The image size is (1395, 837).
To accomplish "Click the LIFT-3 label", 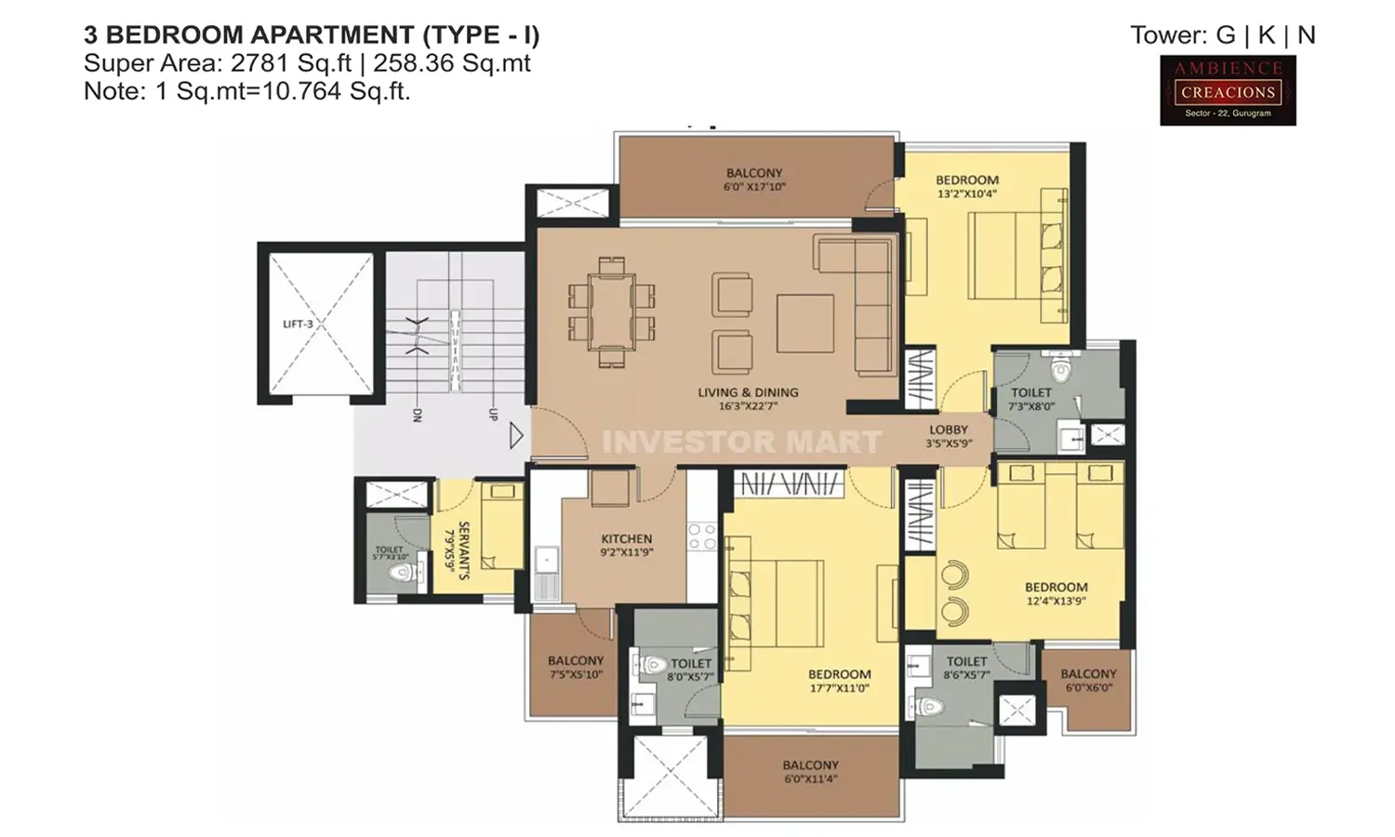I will (298, 324).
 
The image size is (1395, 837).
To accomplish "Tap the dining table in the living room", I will (612, 311).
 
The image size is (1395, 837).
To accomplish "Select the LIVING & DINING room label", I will (748, 399).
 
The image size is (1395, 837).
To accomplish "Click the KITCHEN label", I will (627, 545).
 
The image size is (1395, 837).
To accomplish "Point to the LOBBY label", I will (949, 436).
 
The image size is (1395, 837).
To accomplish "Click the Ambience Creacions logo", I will (1228, 90).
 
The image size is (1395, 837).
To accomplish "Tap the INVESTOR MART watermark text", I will (741, 442).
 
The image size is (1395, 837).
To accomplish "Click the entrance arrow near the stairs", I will (517, 434).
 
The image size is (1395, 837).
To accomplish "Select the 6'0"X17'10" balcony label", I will (754, 179).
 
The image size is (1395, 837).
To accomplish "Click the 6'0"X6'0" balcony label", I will (1088, 680).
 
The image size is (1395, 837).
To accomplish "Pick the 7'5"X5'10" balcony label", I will (576, 667).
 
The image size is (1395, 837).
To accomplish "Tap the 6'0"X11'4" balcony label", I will (810, 771).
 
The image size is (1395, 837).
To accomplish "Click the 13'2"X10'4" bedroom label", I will (967, 187).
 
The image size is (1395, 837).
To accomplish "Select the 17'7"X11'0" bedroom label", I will (839, 681).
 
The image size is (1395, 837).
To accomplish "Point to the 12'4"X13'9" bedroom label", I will (1056, 593).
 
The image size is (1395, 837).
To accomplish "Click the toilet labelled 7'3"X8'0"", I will (1031, 399).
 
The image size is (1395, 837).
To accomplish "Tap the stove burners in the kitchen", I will (702, 537).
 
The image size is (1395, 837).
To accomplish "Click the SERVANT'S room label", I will (458, 550).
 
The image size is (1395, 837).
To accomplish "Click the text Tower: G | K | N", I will (1222, 35).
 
